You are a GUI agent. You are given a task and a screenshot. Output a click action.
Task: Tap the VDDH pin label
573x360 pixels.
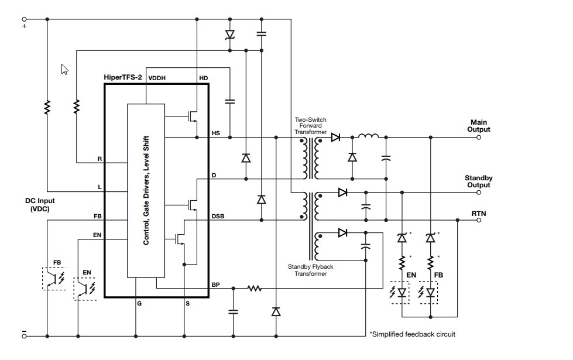pos(157,77)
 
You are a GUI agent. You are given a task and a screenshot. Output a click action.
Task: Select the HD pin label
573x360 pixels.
pos(204,77)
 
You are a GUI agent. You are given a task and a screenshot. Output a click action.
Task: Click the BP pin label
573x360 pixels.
pos(216,284)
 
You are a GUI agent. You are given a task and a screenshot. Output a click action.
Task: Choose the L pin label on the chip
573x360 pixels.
pos(100,187)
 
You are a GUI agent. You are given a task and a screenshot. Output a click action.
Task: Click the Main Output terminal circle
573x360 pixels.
pos(479,138)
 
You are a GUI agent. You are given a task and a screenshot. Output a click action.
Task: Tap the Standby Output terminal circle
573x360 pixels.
pos(479,193)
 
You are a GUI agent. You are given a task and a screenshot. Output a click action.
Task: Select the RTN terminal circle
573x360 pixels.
pos(479,221)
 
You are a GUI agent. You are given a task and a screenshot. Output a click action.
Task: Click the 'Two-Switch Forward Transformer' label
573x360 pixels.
pos(310,126)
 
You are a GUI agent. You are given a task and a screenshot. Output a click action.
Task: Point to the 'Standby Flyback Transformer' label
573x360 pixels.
pos(311,270)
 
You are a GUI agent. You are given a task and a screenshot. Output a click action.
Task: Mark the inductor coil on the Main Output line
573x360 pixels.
pos(369,137)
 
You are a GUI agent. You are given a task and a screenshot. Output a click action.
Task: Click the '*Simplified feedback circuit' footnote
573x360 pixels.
pos(412,334)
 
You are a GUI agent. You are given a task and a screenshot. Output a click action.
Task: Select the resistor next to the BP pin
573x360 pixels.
pos(254,288)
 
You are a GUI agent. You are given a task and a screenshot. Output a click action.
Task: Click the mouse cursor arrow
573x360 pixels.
pos(65,69)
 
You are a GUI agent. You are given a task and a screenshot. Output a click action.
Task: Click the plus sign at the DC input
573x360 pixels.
pos(25,26)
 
